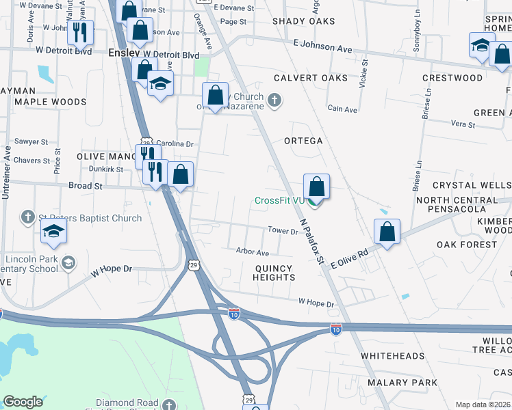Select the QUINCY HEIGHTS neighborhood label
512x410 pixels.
pos(274,273)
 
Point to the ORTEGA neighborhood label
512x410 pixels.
pos(303,141)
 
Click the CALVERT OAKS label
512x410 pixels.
pos(311,78)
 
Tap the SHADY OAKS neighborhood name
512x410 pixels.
pos(304,21)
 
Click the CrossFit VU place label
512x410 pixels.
pos(279,200)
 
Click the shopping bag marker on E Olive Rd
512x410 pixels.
pos(387,232)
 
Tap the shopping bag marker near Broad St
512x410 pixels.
pos(180,176)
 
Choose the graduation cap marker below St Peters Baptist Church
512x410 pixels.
pos(53,232)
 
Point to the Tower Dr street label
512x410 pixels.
pos(283,232)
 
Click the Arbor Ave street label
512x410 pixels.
pos(253,252)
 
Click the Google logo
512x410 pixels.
pos(23,402)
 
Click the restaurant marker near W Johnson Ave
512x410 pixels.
pos(81,32)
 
